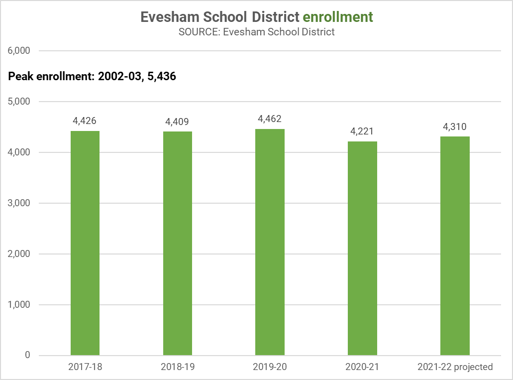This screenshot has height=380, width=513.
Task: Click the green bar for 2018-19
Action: [x=178, y=244]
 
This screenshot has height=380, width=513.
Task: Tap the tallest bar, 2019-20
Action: [x=270, y=242]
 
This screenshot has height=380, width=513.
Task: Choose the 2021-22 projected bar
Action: [x=455, y=246]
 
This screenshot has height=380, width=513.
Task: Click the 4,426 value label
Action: [x=85, y=121]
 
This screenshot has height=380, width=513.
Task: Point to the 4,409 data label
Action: [x=177, y=122]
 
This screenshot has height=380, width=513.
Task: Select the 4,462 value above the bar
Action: [x=270, y=119]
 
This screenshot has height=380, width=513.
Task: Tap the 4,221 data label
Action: [x=362, y=131]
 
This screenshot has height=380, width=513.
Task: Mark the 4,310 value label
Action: [x=455, y=127]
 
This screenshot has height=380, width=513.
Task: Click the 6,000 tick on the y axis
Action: [x=19, y=51]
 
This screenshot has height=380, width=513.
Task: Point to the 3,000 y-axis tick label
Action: [x=19, y=203]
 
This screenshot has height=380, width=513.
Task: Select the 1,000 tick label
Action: [x=19, y=305]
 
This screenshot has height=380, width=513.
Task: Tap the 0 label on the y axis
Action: [x=27, y=356]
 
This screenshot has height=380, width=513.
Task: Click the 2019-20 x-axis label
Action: [x=270, y=367]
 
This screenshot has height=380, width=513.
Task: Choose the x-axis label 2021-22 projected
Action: [x=455, y=367]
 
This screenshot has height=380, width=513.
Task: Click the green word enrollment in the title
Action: [x=338, y=17]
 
